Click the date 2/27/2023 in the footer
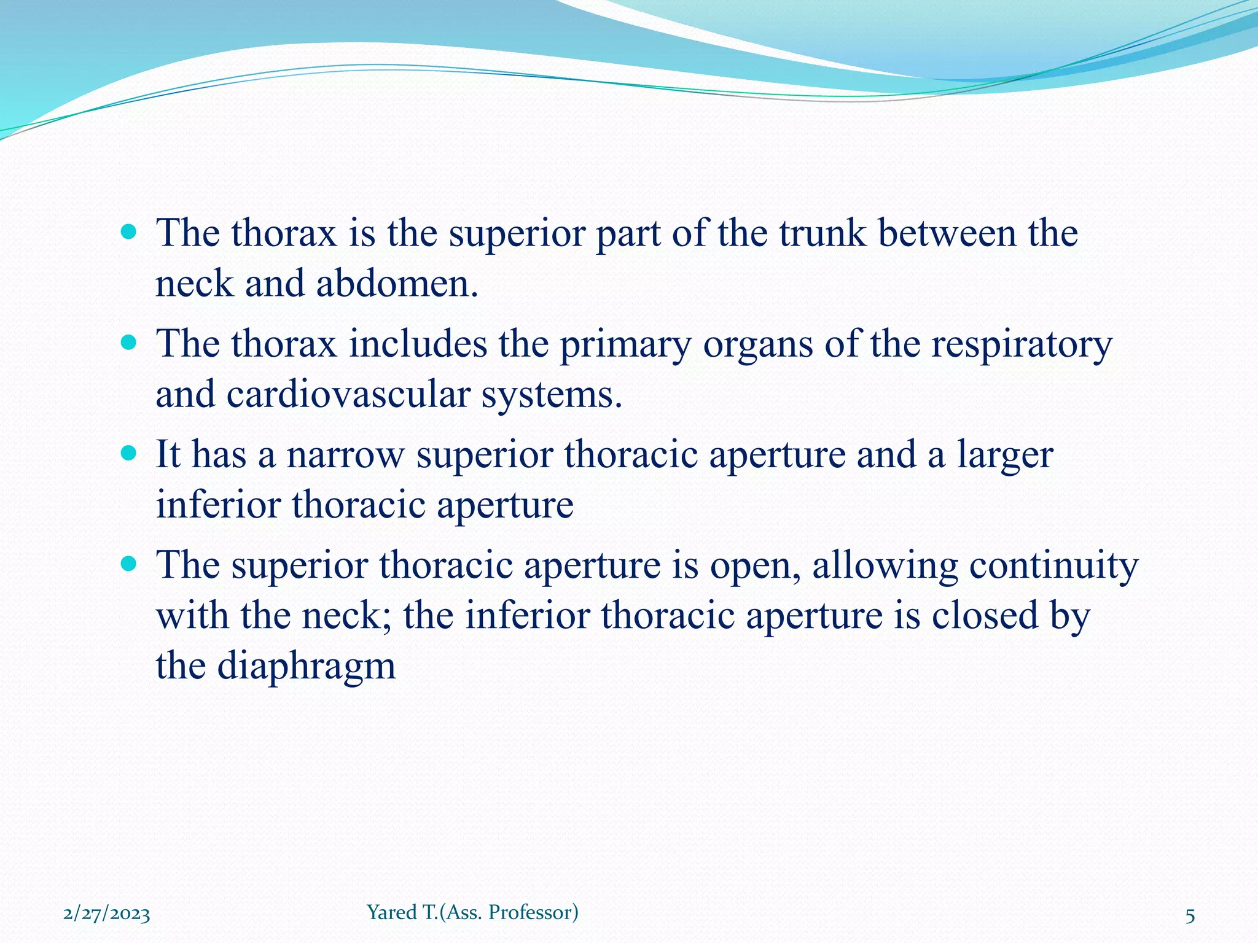106,914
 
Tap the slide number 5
1190,916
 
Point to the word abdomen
396,284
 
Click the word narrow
345,455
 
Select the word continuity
1053,566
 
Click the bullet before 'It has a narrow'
128,454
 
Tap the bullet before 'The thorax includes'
128,343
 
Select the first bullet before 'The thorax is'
128,232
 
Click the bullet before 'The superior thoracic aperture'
128,564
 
